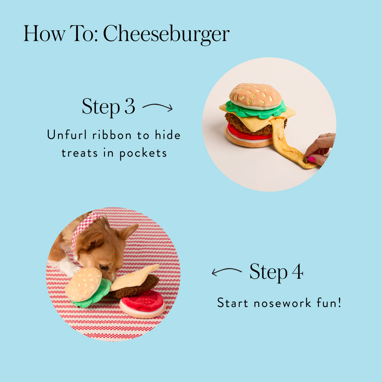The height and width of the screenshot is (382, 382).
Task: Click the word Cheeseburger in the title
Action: (166, 35)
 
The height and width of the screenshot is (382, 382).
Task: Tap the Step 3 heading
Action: (108, 106)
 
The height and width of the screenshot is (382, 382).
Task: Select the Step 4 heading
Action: (276, 272)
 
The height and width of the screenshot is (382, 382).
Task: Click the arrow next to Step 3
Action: (157, 107)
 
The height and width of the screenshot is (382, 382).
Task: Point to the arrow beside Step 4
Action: (227, 272)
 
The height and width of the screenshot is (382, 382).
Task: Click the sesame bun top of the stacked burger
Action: (255, 95)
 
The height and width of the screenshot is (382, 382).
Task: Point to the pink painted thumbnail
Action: (311, 160)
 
